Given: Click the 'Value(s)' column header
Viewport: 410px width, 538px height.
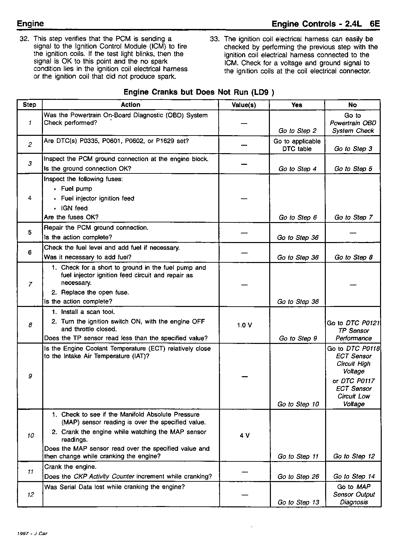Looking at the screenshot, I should [244, 105].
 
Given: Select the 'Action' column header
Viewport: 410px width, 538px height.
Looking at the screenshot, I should [130, 105].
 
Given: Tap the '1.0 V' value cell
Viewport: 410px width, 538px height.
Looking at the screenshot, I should [244, 325].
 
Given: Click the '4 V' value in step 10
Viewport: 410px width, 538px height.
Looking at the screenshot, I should [245, 435].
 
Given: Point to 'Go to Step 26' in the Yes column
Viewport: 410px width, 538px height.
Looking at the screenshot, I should [298, 477].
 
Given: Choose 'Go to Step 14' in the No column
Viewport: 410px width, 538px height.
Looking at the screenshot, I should [354, 477].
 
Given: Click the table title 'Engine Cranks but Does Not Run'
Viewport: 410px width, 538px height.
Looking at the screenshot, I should [199, 92].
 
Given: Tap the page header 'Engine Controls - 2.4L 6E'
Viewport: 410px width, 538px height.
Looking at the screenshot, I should [325, 24].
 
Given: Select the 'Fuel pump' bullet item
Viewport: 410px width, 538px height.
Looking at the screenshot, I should [76, 189].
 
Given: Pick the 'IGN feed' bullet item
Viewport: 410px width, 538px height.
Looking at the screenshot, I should [74, 208].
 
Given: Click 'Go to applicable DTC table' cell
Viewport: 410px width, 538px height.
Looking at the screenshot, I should [297, 145].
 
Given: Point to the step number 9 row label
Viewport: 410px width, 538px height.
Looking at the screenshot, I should [30, 376].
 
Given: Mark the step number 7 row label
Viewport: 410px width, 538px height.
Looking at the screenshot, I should [30, 284].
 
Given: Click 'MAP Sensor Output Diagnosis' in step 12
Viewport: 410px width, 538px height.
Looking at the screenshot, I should [354, 495].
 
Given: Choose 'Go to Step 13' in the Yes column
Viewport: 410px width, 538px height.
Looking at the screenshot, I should [298, 502].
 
